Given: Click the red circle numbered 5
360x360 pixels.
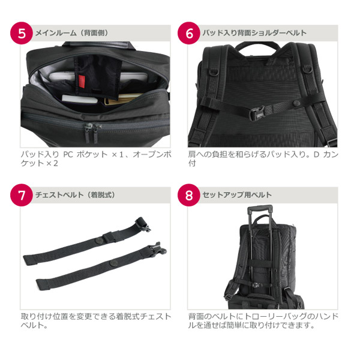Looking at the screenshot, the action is [x=22, y=33].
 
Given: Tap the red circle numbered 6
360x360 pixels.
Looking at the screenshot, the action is [x=189, y=33].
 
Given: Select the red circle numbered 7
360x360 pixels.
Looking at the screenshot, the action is [x=22, y=195].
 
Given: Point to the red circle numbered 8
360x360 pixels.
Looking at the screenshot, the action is [x=189, y=195].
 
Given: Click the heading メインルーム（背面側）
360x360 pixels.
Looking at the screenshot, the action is [x=71, y=33].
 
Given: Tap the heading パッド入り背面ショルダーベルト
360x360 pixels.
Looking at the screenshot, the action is [x=254, y=33].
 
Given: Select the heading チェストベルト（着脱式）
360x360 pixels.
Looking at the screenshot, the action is [x=75, y=195].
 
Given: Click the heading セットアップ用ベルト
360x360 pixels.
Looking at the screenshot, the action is [x=237, y=195].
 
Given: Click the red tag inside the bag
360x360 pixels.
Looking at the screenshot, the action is [x=82, y=81].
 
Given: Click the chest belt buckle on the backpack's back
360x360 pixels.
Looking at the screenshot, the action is [x=257, y=112].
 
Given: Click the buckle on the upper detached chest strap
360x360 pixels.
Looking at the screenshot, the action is [x=142, y=224].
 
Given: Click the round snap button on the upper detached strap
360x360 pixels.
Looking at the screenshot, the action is [x=100, y=241].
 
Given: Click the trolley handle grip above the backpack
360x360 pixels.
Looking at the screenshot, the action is [x=260, y=208].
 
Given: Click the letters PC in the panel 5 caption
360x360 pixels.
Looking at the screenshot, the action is [x=68, y=155].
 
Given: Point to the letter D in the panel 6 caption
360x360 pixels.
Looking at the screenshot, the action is [x=316, y=155].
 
